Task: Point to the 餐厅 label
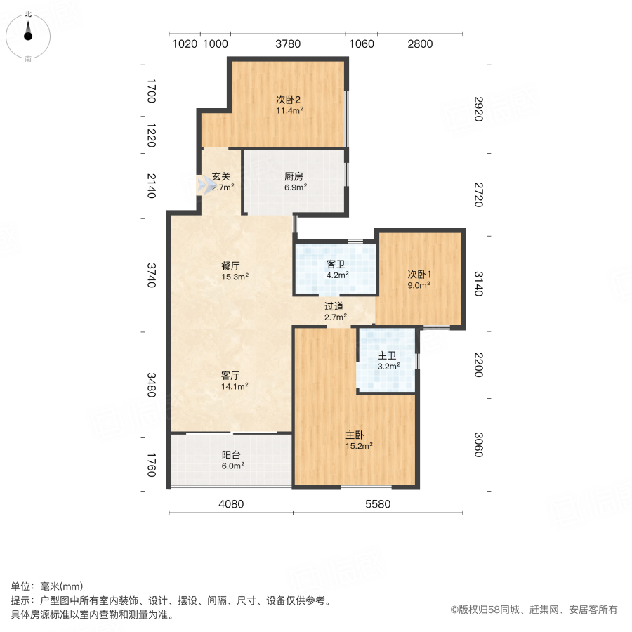click(x=231, y=266)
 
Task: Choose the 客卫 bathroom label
click(x=336, y=264)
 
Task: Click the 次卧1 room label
click(x=419, y=274)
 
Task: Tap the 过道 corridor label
click(x=334, y=306)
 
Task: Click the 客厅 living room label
click(x=231, y=375)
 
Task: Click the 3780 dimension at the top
click(x=288, y=44)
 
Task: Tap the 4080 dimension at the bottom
click(x=230, y=503)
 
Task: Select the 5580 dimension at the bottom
click(x=378, y=503)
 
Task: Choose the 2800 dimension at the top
click(x=419, y=44)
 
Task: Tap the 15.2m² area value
click(x=359, y=445)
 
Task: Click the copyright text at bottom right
click(x=534, y=610)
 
